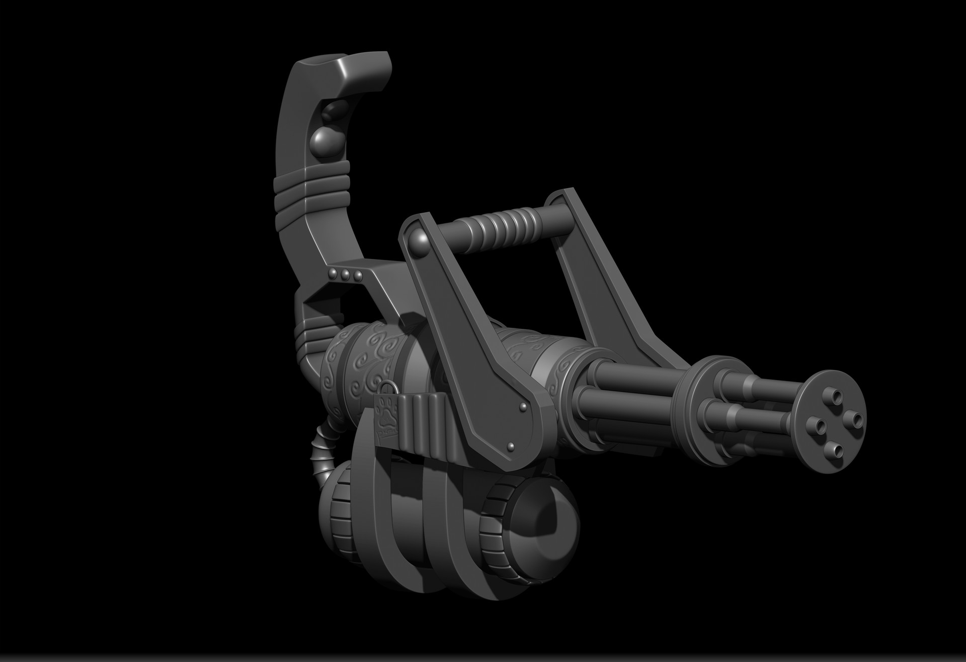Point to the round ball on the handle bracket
pyautogui.click(x=420, y=241)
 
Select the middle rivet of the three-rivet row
pyautogui.click(x=345, y=274)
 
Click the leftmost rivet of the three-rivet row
pyautogui.click(x=333, y=272)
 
